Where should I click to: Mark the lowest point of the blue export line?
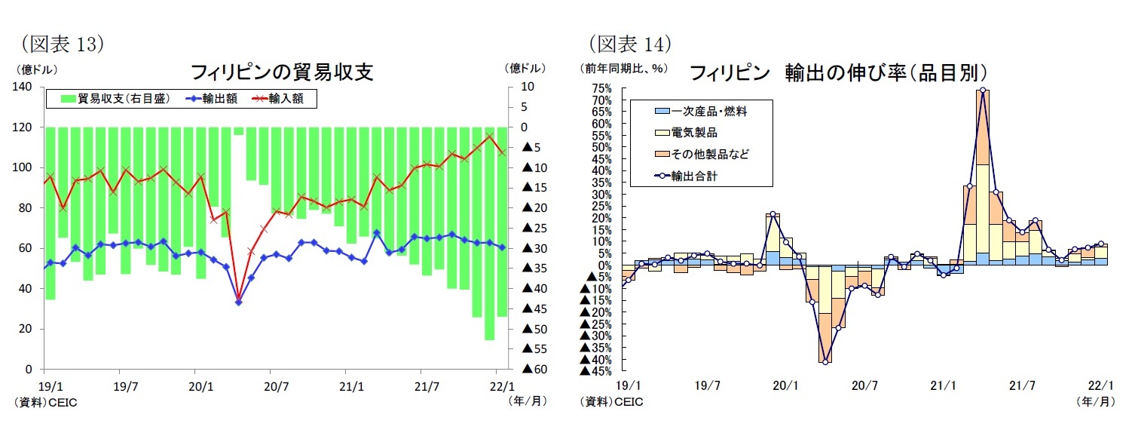(238, 302)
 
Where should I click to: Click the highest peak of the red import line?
(490, 137)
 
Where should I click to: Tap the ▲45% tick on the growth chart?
(595, 370)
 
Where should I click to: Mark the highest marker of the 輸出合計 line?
(983, 90)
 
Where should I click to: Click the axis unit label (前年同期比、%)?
(623, 68)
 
